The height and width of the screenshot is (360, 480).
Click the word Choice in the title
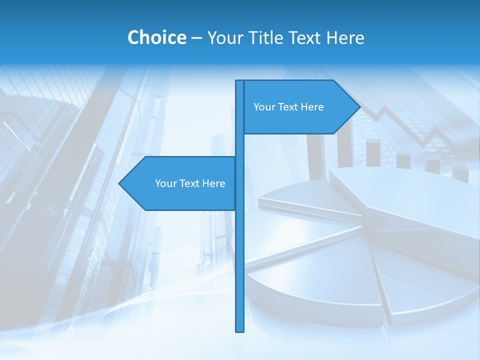[x=156, y=37]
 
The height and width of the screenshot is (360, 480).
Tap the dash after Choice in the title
[x=196, y=38]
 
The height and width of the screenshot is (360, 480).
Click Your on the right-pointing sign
[x=263, y=107]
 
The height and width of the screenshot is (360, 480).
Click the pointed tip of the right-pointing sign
[x=359, y=107]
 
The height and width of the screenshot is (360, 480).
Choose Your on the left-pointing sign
[x=165, y=183]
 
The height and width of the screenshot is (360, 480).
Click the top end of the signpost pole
[x=239, y=81]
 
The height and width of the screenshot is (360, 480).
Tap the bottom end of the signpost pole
[x=239, y=330]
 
